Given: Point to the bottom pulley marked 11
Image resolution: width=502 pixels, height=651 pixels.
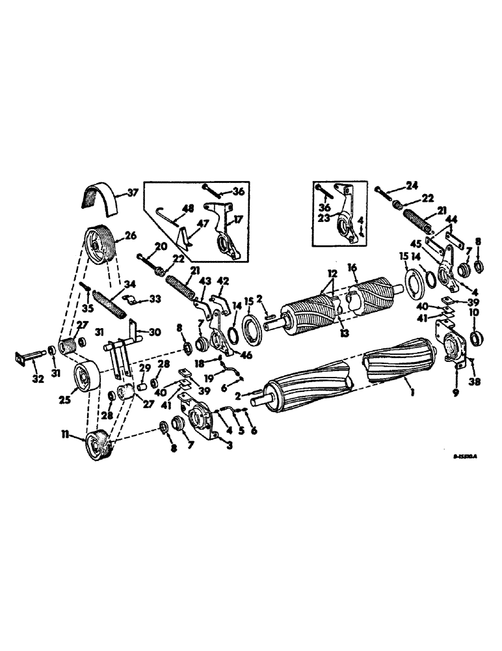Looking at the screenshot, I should [98, 445].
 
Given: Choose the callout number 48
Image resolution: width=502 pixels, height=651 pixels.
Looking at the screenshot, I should [189, 209].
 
